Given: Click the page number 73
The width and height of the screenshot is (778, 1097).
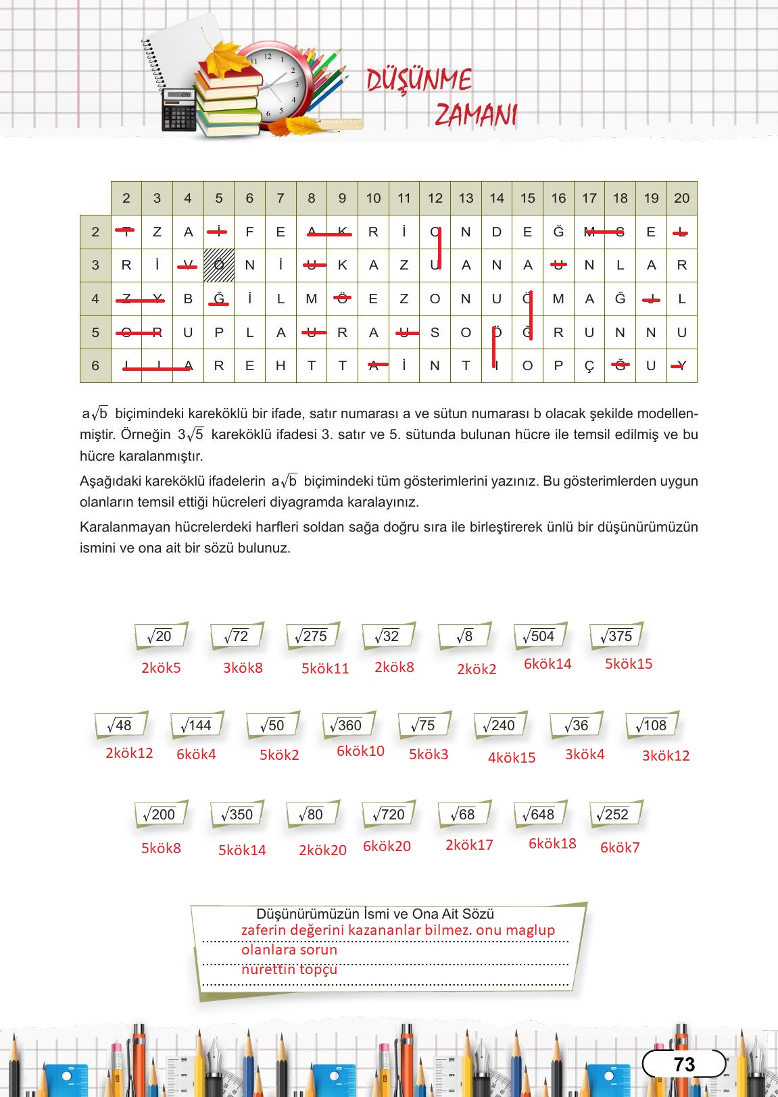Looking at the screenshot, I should [x=684, y=1065].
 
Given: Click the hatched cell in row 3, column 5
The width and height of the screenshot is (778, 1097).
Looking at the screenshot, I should [x=219, y=265].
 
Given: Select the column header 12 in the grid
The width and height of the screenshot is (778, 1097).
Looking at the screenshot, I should [x=435, y=198].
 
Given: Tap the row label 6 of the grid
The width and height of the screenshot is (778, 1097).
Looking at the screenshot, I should [x=95, y=365].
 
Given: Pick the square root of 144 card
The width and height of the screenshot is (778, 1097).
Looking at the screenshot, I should [x=196, y=725].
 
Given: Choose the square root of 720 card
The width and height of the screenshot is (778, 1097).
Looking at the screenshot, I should [x=389, y=815].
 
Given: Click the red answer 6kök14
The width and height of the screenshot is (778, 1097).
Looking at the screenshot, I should [x=548, y=664].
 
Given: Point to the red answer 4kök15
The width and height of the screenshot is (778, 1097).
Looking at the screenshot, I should [x=512, y=758].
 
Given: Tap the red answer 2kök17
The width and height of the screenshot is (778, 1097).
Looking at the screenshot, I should [x=469, y=844].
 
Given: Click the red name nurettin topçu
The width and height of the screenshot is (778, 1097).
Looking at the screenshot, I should [x=289, y=969].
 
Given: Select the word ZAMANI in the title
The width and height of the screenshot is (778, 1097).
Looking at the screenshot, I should [x=476, y=115].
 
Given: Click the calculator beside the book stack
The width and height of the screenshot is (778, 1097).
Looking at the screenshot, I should [x=179, y=110].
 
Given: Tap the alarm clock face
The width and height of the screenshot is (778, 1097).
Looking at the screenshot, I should [x=274, y=84].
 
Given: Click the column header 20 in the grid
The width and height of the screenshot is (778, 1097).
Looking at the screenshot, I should [x=681, y=198].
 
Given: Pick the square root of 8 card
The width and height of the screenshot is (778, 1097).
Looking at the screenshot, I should [x=464, y=636].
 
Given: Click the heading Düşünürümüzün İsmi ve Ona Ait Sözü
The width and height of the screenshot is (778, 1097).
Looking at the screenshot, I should [x=375, y=914].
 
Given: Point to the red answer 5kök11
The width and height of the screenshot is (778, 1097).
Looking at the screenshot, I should [x=325, y=669].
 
